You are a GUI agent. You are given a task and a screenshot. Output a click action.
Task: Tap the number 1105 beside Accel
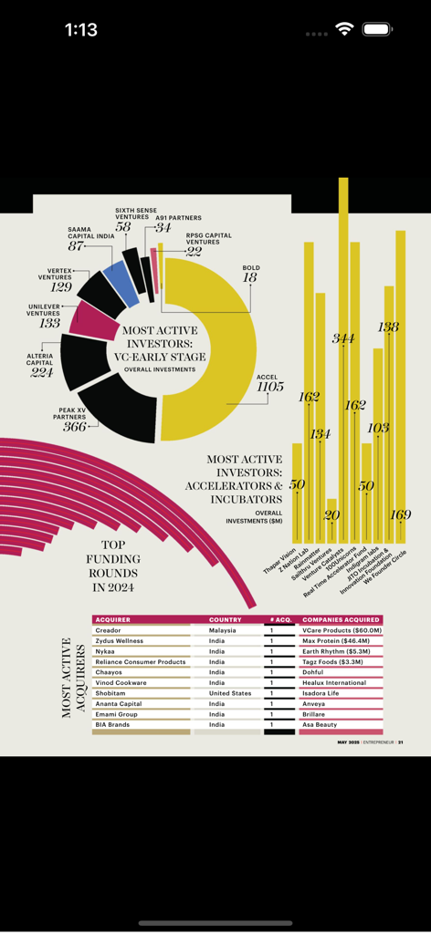(x=269, y=387)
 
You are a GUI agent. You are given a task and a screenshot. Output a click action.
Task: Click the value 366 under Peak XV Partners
(x=74, y=427)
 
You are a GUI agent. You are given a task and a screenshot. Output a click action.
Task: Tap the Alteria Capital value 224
(x=40, y=372)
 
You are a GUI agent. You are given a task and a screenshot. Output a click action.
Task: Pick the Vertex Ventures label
(x=55, y=274)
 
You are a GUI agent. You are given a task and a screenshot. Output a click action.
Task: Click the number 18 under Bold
(x=249, y=277)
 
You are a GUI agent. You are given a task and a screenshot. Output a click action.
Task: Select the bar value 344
(x=343, y=338)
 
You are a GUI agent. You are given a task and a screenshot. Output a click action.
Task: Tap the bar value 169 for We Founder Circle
(x=400, y=514)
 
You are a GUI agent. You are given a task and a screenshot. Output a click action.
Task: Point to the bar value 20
(x=331, y=515)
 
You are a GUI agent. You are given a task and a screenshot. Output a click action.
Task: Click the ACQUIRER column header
(x=113, y=619)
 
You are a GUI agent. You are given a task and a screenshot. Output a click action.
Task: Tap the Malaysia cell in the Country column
(x=222, y=630)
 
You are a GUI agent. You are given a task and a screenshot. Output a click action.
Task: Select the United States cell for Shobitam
(x=229, y=693)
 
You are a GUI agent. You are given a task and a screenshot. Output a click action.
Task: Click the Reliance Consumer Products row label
(x=140, y=661)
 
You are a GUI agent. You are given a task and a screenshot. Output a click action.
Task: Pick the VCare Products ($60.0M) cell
(x=341, y=630)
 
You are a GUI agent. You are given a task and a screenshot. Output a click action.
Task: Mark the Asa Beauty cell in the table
(x=320, y=724)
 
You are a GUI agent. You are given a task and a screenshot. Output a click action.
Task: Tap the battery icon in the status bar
(x=377, y=29)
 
